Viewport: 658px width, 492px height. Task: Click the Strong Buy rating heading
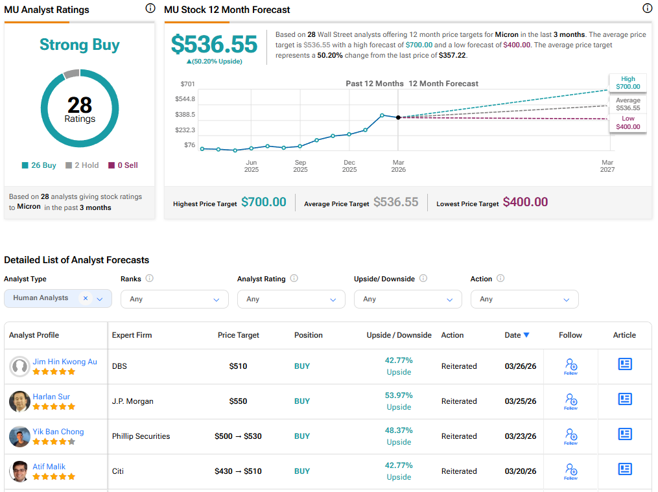(x=80, y=45)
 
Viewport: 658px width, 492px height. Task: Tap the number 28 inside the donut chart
(x=80, y=105)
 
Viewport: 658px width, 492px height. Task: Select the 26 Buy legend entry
(x=40, y=165)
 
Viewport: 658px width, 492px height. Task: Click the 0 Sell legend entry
(x=123, y=165)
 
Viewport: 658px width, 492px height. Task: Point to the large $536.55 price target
(x=214, y=43)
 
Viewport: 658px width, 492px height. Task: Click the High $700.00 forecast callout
(x=628, y=82)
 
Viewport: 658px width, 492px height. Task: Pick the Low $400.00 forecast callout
(x=628, y=123)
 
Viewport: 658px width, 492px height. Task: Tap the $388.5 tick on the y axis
(x=185, y=115)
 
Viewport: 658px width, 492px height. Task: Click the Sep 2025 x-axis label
(x=300, y=166)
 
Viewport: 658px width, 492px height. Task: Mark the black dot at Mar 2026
(x=398, y=117)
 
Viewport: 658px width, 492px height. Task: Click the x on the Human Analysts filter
(x=86, y=298)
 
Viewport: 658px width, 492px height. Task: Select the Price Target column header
(x=239, y=335)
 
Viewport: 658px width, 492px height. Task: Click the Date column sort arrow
(x=526, y=335)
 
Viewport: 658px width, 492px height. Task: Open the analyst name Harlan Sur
(x=51, y=397)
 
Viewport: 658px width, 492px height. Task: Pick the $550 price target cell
(x=239, y=401)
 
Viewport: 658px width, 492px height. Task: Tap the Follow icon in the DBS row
(x=570, y=366)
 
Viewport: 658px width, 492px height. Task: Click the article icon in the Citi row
(x=625, y=469)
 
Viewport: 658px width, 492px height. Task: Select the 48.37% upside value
(x=399, y=430)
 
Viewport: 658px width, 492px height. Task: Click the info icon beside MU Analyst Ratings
(x=150, y=8)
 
